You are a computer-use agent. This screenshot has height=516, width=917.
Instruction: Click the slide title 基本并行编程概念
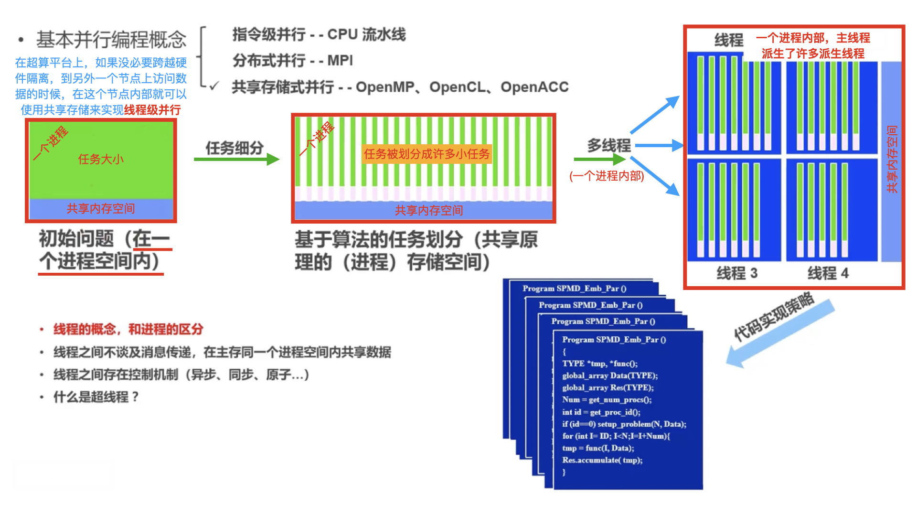111,40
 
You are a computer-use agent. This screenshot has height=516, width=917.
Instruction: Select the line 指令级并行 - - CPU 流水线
319,34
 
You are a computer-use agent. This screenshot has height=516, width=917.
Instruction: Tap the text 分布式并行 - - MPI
292,61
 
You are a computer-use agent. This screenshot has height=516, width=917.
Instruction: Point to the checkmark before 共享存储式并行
214,86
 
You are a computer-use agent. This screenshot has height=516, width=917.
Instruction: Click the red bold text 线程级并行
152,110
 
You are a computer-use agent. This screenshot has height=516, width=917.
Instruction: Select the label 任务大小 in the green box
101,159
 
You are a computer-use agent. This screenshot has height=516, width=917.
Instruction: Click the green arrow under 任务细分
236,159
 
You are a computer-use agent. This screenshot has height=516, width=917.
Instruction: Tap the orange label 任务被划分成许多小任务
427,154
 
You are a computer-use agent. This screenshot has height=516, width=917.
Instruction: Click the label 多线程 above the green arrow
609,145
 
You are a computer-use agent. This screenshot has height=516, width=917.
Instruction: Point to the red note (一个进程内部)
607,176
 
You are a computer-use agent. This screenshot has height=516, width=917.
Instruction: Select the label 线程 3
737,273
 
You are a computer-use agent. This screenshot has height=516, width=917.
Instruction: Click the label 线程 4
828,273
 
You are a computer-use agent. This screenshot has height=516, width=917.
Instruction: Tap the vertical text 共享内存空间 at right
892,159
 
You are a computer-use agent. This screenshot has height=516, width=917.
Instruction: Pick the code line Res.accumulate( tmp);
602,460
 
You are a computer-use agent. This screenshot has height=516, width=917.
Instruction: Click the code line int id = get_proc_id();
601,412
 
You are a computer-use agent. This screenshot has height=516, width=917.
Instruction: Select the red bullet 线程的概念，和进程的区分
128,329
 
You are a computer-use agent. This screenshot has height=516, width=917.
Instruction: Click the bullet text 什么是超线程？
96,397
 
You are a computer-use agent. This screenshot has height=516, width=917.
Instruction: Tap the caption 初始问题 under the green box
76,239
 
